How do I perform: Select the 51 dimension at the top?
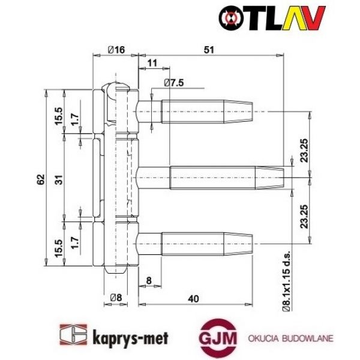point(209,50)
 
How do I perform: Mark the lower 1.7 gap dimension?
point(74,242)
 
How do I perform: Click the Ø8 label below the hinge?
point(117,296)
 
